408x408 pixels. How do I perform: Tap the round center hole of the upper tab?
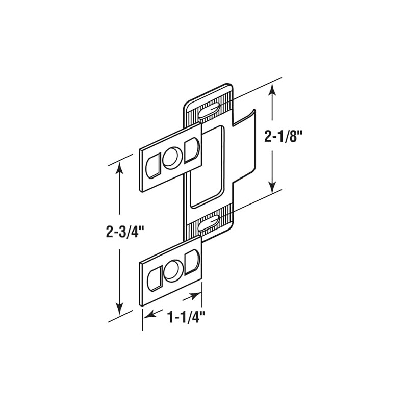click(x=172, y=155)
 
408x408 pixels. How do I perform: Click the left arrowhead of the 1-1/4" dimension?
click(x=147, y=315)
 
